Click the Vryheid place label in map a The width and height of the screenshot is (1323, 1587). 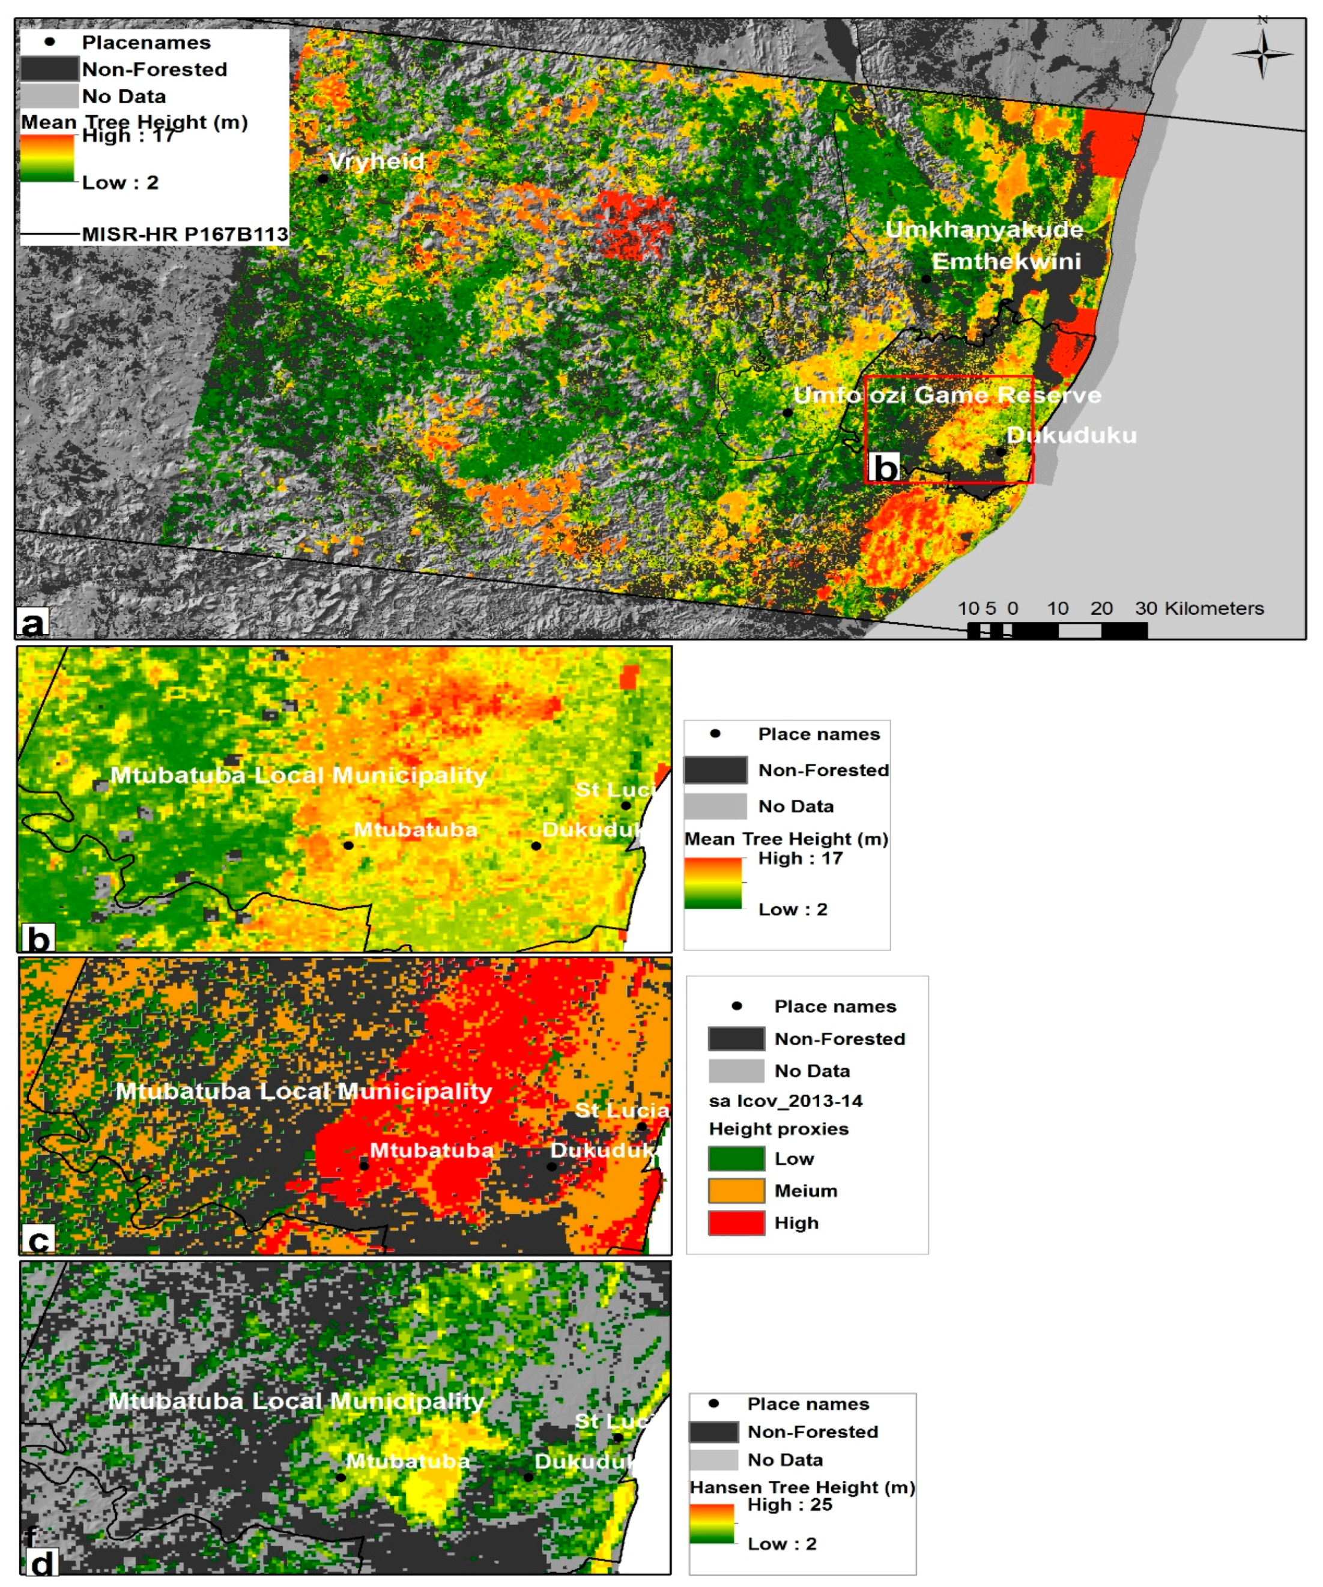[x=376, y=161]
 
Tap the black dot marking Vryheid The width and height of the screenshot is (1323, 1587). [x=323, y=179]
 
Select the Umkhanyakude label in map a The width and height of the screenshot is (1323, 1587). [x=984, y=230]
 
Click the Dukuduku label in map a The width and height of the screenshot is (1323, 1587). [x=1071, y=435]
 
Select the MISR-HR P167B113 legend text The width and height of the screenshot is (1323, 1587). [x=184, y=234]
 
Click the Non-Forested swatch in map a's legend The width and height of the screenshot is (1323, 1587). [x=49, y=70]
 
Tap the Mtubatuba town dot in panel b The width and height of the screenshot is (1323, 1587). [x=348, y=845]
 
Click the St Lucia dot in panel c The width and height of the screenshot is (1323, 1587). [x=641, y=1127]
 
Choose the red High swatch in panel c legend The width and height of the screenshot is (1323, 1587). [x=736, y=1222]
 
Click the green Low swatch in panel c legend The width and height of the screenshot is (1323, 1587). [x=736, y=1158]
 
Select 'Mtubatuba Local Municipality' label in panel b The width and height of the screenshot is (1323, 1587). [x=298, y=775]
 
